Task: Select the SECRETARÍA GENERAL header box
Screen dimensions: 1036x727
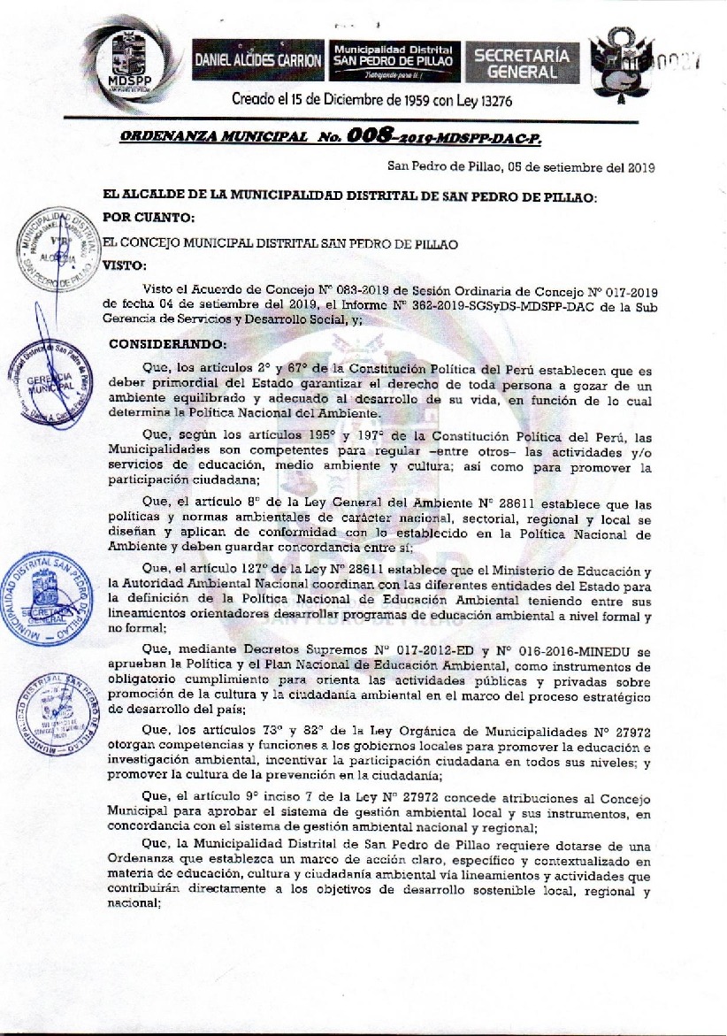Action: click(523, 61)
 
